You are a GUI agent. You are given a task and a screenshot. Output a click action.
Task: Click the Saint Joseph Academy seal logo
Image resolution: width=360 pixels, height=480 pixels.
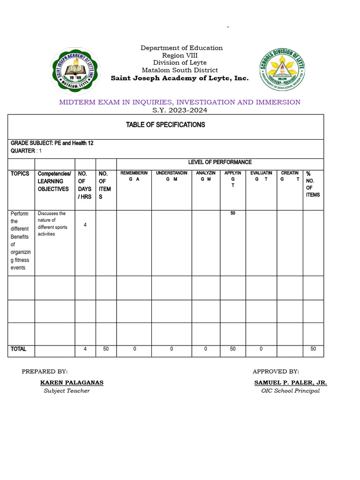tap(75, 70)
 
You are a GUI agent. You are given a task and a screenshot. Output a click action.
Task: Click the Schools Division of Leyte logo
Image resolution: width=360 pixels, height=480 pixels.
tap(282, 70)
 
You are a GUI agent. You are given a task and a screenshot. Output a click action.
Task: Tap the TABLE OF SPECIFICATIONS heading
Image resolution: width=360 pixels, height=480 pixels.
tap(165, 125)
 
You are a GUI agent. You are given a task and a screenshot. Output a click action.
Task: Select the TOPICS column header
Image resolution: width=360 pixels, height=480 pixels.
tap(20, 174)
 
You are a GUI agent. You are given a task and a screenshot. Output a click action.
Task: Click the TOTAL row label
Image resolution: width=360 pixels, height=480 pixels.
tap(19, 349)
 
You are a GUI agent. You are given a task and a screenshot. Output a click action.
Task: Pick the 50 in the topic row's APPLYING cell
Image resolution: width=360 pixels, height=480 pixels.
tap(232, 214)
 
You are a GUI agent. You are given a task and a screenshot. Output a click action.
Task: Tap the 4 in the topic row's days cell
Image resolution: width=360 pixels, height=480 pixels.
tap(85, 225)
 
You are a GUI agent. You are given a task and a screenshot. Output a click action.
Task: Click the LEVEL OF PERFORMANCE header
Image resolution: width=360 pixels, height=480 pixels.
tap(220, 162)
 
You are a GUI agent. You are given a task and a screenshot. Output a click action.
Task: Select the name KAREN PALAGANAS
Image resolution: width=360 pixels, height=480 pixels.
tap(72, 382)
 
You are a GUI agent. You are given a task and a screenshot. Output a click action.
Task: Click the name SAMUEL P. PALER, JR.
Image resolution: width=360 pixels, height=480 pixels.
tap(291, 382)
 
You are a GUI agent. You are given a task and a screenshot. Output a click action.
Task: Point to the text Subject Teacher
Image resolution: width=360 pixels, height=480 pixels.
tap(67, 391)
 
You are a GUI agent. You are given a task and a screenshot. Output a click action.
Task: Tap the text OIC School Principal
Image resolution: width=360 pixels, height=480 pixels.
tap(291, 391)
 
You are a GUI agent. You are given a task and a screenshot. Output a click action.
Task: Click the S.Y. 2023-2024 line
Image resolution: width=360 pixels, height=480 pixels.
tap(180, 111)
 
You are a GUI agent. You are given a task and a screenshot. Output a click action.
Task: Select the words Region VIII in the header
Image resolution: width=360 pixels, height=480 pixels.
tap(180, 55)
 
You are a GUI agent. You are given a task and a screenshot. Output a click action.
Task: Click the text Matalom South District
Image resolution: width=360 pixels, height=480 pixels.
tap(180, 70)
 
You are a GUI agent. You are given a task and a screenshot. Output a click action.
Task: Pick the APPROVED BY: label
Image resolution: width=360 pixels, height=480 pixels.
tap(276, 371)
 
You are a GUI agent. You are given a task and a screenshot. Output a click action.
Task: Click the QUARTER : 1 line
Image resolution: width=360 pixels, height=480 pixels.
tap(26, 151)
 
